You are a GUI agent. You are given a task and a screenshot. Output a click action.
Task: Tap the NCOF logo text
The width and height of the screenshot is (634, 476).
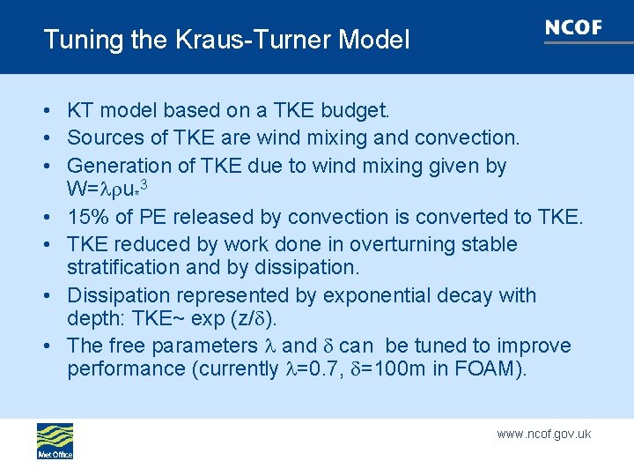(x=573, y=27)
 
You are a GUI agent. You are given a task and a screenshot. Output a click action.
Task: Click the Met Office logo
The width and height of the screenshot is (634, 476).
(x=55, y=441)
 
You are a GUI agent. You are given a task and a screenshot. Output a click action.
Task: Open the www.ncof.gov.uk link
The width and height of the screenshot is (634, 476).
(x=543, y=434)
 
